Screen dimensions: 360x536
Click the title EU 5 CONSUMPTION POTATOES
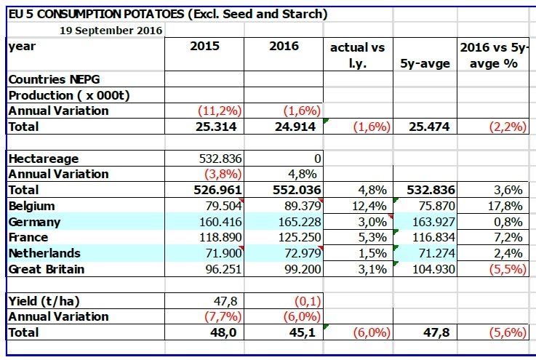167,14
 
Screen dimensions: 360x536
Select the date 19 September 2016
111,31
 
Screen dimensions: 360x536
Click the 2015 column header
204,47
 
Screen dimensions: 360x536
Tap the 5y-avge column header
425,63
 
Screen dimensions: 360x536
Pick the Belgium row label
32,206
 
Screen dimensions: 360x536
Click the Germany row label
35,222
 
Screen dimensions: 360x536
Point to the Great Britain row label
47,269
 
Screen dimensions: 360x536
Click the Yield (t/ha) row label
43,301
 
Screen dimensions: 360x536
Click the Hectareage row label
43,158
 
